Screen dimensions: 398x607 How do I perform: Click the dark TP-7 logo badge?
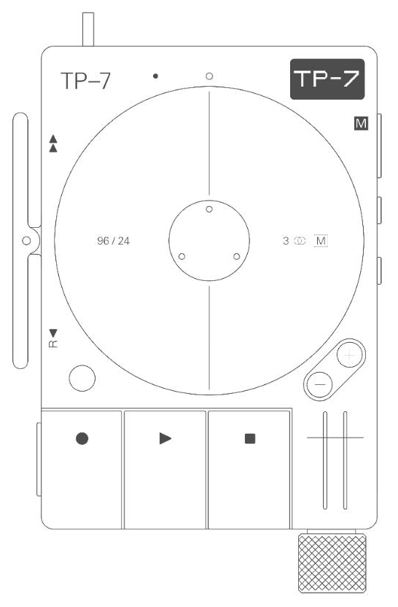click(x=327, y=79)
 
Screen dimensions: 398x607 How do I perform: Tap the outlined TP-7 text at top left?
click(x=86, y=81)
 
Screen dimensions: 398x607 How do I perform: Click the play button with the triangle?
click(x=165, y=469)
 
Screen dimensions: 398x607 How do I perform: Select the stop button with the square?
click(x=249, y=469)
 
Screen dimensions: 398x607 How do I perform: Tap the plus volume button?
click(x=350, y=354)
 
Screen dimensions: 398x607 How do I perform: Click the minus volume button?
click(x=320, y=385)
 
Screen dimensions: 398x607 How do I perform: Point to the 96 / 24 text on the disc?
click(x=113, y=241)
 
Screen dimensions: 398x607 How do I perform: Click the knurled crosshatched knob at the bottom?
click(x=332, y=563)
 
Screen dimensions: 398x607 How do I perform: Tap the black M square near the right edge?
click(x=361, y=124)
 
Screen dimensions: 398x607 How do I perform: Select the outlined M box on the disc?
click(x=321, y=241)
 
